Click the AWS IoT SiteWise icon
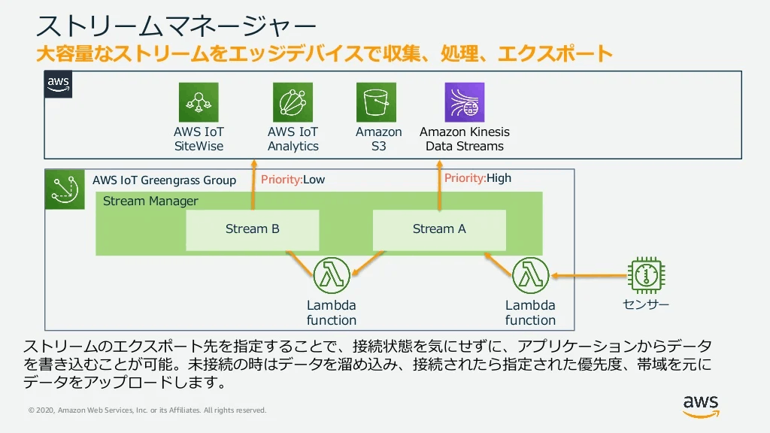199,102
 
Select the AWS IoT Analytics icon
293,102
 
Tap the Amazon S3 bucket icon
376,102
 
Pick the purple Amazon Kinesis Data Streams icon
465,102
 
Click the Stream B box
253,230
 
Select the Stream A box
439,230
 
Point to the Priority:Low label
293,180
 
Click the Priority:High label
477,178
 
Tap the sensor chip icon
646,275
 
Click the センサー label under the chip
646,304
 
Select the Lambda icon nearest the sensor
530,275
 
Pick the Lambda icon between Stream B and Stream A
332,275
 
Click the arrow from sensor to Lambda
590,276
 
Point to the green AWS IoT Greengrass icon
65,189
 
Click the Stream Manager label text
150,201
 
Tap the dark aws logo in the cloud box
59,84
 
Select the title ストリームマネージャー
177,27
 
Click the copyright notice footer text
147,410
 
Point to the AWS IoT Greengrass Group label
164,180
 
